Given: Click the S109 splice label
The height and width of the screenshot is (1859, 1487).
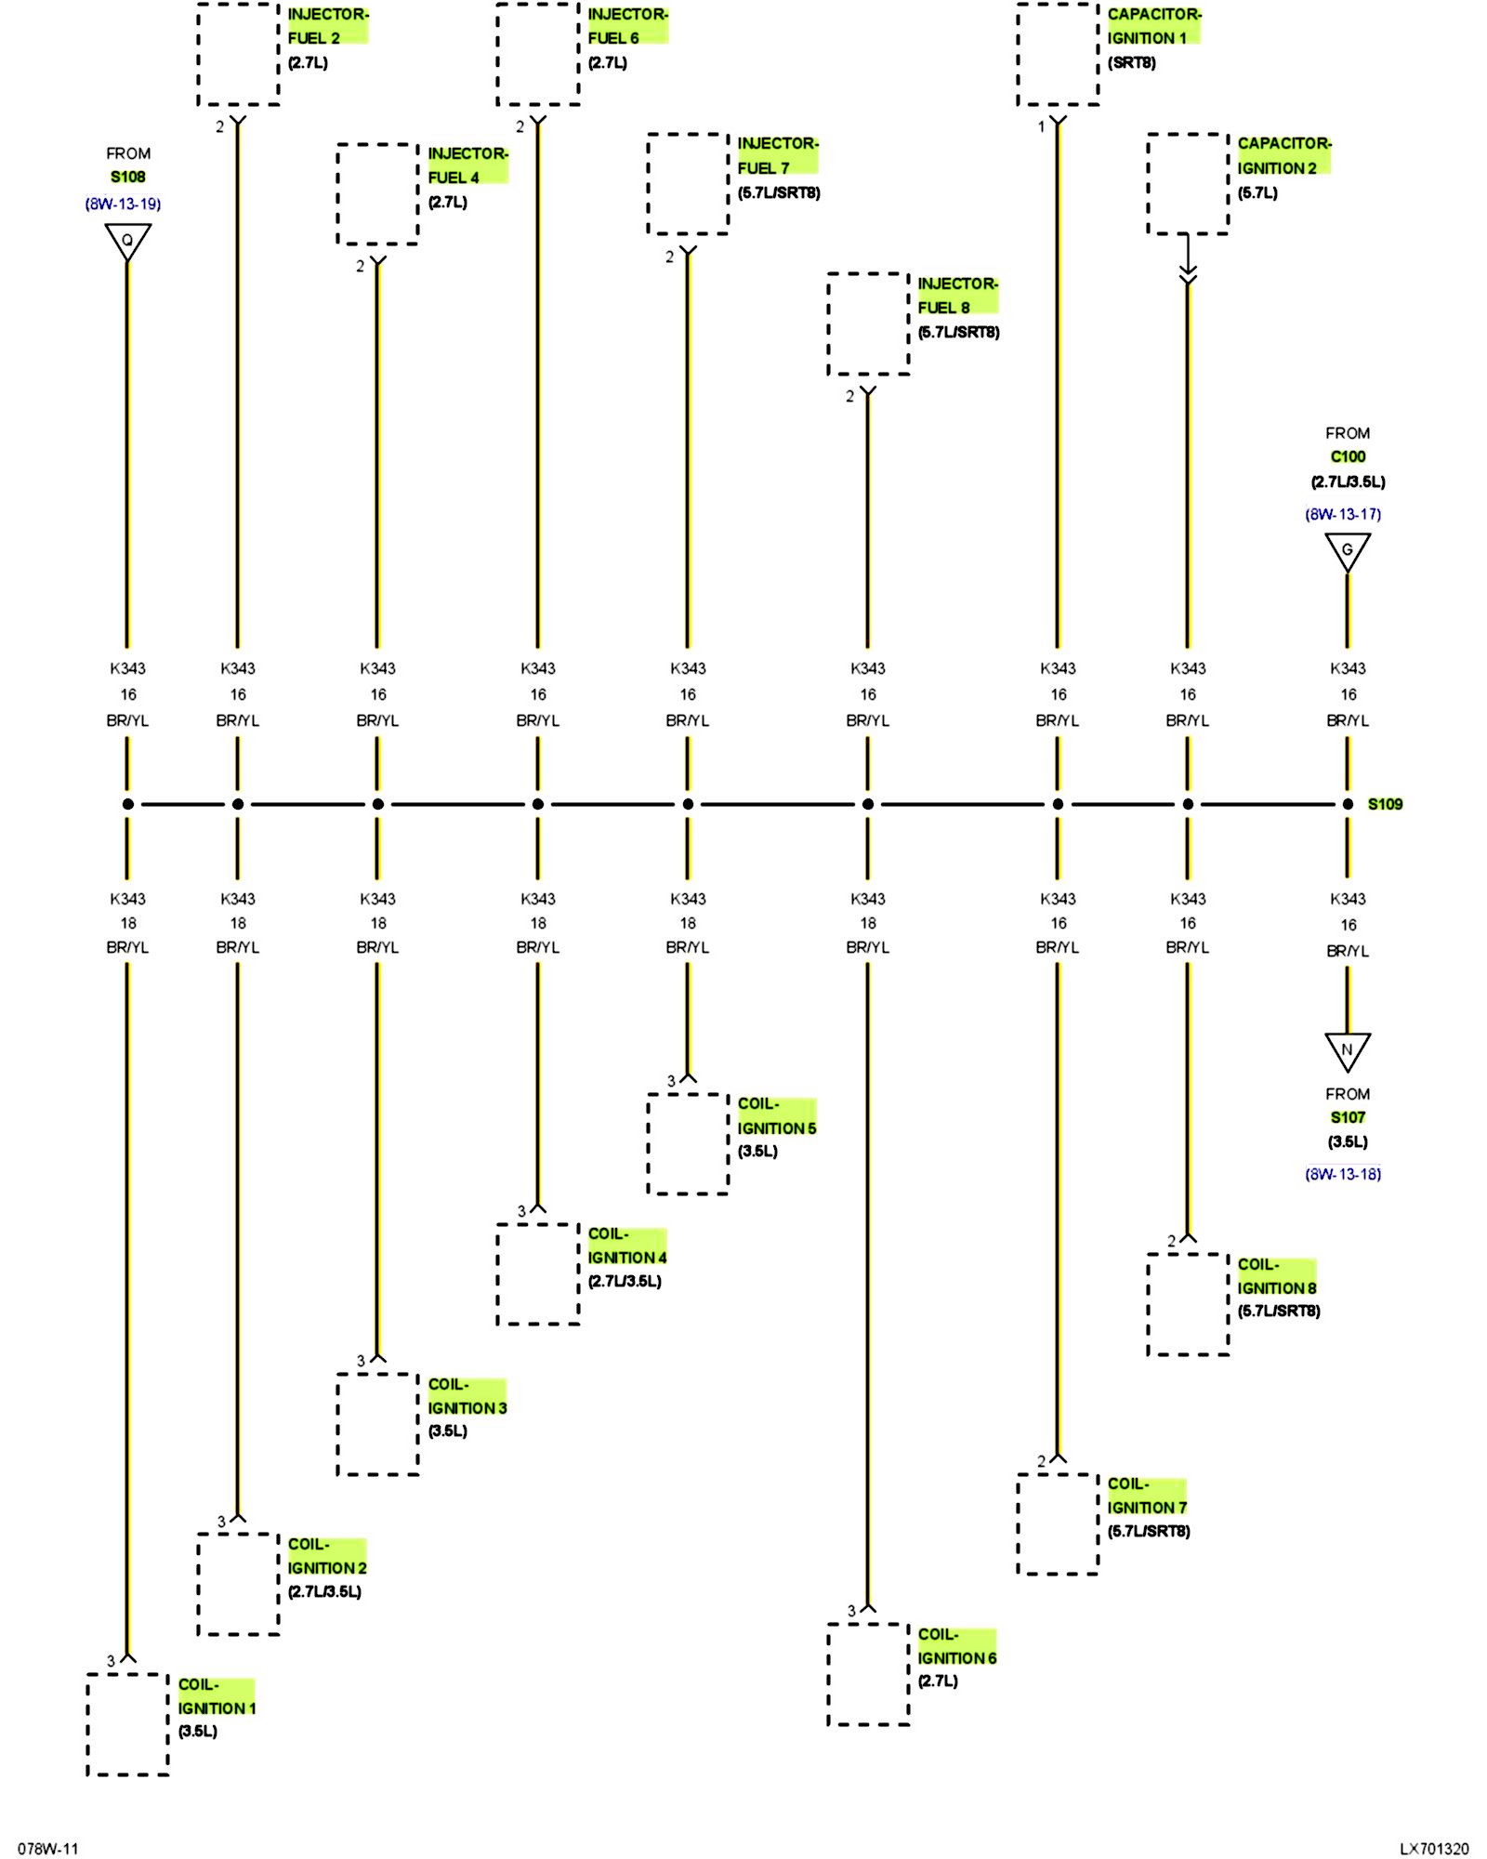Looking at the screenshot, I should tap(1384, 804).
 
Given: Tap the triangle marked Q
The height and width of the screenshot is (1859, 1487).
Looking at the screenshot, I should tap(127, 241).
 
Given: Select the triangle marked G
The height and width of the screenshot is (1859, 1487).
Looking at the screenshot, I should tap(1347, 551).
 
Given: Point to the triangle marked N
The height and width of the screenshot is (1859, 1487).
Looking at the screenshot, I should tap(1347, 1050).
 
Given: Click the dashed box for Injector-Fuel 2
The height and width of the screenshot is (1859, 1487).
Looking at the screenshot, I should tap(239, 54).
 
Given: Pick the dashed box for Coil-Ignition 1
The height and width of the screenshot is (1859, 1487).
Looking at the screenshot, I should tap(128, 1723).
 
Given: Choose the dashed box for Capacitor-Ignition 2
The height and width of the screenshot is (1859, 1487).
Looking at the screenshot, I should tap(1188, 184).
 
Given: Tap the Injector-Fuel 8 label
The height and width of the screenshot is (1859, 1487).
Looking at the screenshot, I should tap(957, 296).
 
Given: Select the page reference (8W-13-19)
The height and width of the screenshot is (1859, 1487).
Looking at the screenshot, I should tap(123, 204).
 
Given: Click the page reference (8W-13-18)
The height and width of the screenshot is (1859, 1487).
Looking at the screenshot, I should tap(1343, 1174).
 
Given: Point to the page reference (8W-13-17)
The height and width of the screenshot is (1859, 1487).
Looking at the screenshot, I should tap(1343, 514).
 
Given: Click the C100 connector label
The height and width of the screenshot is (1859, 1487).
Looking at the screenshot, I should tap(1348, 456).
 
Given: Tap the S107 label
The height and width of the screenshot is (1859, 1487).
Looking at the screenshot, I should tap(1348, 1117).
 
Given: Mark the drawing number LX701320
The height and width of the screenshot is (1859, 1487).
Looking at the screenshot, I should tap(1434, 1849).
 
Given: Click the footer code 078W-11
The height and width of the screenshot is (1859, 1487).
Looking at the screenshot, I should tap(48, 1849).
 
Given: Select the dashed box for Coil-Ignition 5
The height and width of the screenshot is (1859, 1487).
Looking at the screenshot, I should tap(688, 1143).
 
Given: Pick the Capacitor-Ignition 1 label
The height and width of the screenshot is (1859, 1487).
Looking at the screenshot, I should tap(1153, 26).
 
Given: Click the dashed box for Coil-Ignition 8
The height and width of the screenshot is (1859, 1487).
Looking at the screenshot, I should tap(1188, 1304).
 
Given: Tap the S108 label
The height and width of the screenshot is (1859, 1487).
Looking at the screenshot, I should tap(128, 177).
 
